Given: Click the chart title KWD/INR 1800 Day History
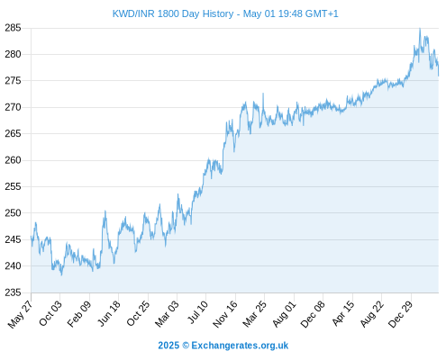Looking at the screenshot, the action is click(x=173, y=13).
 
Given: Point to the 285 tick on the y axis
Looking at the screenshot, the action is click(x=13, y=28).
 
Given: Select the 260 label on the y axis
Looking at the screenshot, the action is click(x=13, y=160).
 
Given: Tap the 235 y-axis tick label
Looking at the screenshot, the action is click(x=13, y=292).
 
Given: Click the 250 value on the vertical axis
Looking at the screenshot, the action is click(x=13, y=213).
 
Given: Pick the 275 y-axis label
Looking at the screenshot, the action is click(x=13, y=81).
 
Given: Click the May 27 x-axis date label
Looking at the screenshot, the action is click(x=21, y=314).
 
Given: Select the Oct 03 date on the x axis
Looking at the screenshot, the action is click(x=50, y=313).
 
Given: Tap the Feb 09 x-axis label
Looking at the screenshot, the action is click(x=78, y=313).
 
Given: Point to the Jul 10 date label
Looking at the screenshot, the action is click(x=197, y=312).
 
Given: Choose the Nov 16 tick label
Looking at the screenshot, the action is click(x=225, y=314).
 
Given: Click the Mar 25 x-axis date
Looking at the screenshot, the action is click(x=255, y=313).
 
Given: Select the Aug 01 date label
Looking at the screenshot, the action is click(x=284, y=313).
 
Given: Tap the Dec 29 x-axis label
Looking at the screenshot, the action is click(x=401, y=314).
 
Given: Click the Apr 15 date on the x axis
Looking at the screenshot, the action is click(x=343, y=313).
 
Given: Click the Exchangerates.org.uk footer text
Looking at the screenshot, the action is click(x=240, y=346).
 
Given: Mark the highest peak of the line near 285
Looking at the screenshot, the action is click(x=420, y=29).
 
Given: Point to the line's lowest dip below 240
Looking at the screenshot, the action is click(x=61, y=274).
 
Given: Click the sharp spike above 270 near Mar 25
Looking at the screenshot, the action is click(x=263, y=94).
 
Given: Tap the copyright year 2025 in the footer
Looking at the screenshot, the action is click(x=168, y=346).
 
